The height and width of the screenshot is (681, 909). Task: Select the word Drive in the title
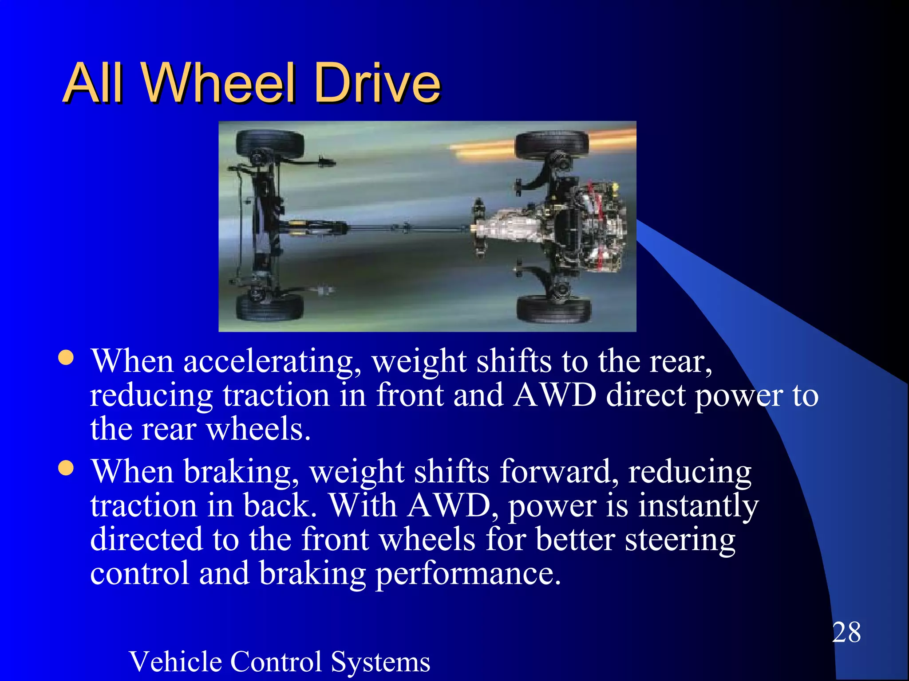click(377, 83)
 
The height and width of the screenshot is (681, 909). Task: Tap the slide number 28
click(846, 632)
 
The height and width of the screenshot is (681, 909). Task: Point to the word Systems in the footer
click(380, 662)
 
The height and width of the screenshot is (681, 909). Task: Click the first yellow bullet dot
click(66, 358)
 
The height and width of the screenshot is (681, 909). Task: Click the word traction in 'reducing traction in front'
click(276, 395)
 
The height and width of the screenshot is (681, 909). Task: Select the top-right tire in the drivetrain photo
click(552, 144)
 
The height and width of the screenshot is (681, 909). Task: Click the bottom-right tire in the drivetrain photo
click(554, 309)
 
